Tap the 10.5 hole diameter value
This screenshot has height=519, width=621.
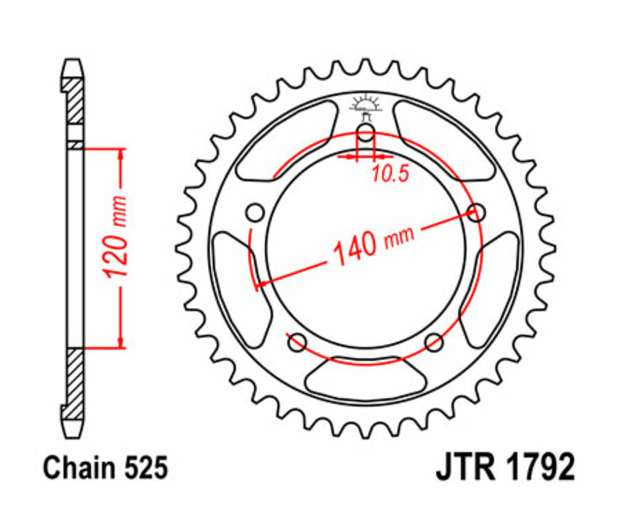pyautogui.click(x=391, y=174)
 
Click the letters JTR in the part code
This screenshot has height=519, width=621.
pyautogui.click(x=462, y=468)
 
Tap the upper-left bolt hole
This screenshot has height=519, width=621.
pyautogui.click(x=255, y=212)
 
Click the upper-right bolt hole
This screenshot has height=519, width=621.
pyautogui.click(x=475, y=212)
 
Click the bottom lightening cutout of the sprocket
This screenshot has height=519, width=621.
pyautogui.click(x=365, y=378)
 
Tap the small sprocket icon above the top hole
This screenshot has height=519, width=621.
pyautogui.click(x=365, y=105)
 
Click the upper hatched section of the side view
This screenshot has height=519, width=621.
pyautogui.click(x=74, y=100)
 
